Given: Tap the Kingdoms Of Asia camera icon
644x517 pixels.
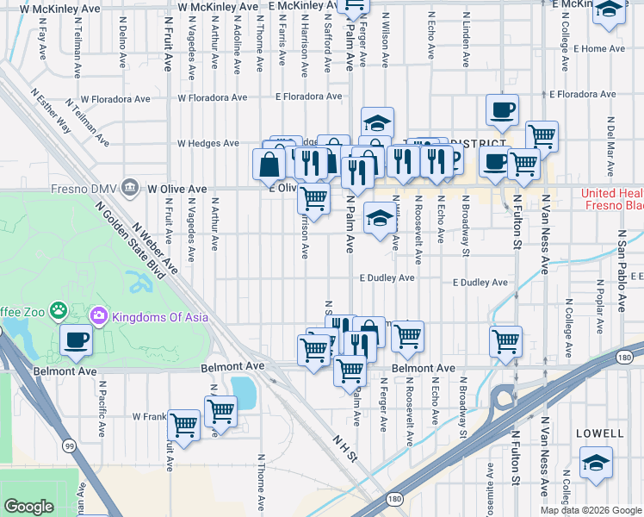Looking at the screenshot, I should [x=100, y=316].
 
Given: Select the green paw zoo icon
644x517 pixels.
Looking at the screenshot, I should [x=58, y=309].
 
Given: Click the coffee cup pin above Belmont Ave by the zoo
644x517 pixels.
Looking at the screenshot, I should [x=77, y=339].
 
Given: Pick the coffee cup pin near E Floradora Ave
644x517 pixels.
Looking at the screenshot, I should [x=502, y=109].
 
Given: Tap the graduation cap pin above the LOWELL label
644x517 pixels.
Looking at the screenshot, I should [x=596, y=463].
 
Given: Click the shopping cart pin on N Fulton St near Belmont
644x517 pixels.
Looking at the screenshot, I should [x=505, y=340].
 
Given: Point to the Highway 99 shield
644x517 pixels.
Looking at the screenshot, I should [x=68, y=445].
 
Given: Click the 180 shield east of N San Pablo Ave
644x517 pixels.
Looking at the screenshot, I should [x=624, y=358].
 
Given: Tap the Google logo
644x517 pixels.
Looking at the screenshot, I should [x=28, y=507].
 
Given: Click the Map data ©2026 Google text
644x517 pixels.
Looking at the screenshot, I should [x=590, y=509].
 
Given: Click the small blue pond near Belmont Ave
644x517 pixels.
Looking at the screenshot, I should [x=244, y=393].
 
